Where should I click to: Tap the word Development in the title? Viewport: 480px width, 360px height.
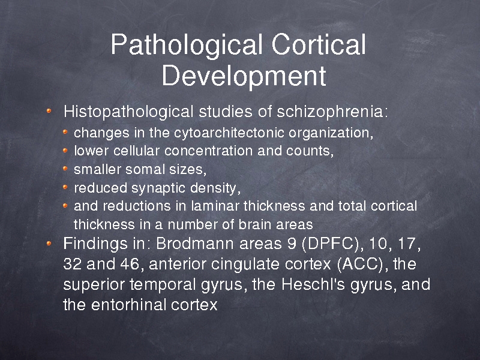click(x=244, y=76)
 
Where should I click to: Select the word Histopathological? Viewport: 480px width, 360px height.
click(x=128, y=112)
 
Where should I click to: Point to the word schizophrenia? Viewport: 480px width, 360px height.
click(x=332, y=112)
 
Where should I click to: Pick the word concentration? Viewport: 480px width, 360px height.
click(x=208, y=151)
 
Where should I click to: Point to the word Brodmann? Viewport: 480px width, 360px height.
click(x=196, y=244)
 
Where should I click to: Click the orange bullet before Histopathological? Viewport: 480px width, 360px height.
click(x=49, y=110)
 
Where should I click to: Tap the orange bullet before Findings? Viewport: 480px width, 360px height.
click(x=49, y=244)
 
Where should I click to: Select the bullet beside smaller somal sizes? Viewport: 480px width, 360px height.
click(x=65, y=169)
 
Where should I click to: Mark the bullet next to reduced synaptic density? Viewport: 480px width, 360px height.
click(x=65, y=187)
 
